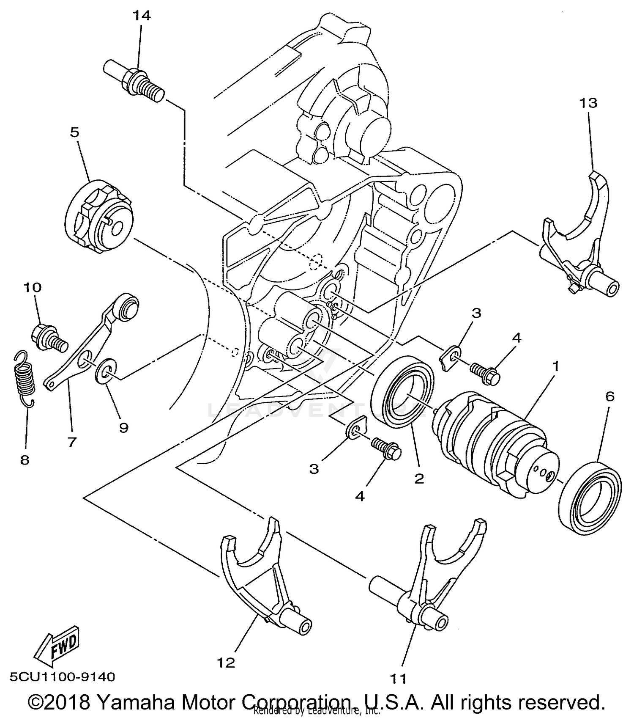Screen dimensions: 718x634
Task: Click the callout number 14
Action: pyautogui.click(x=141, y=16)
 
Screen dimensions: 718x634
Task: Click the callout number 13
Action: pyautogui.click(x=588, y=103)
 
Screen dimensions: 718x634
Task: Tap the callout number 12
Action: pyautogui.click(x=227, y=663)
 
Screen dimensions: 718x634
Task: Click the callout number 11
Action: pyautogui.click(x=398, y=679)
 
